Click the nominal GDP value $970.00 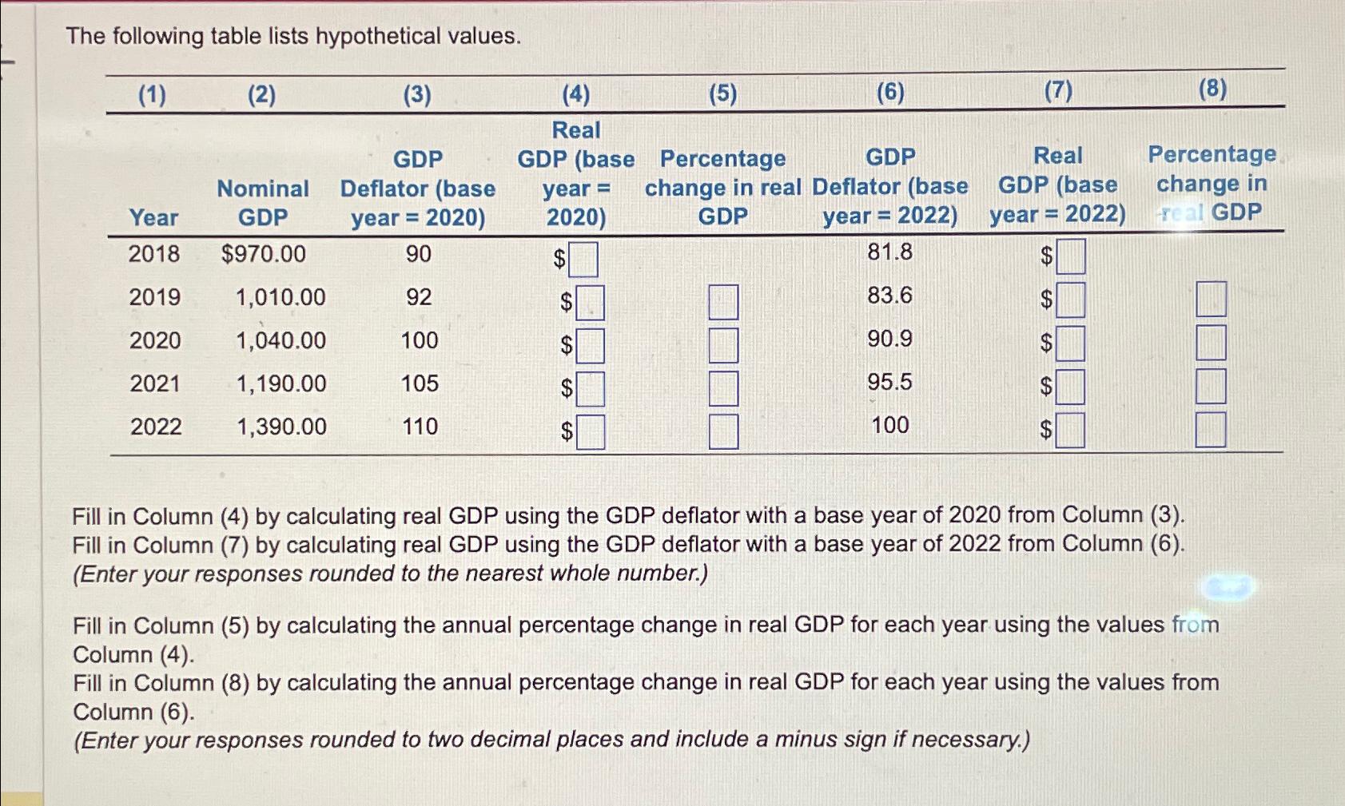(x=264, y=254)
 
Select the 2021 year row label (x=155, y=383)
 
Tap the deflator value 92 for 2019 (x=419, y=297)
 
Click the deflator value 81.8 (x=889, y=252)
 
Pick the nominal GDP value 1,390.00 (x=281, y=427)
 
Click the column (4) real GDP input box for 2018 (x=583, y=260)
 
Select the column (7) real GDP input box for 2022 (x=1071, y=431)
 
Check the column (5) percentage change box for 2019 (x=723, y=303)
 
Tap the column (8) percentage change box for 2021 (x=1211, y=387)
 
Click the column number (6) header (x=890, y=93)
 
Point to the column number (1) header (x=152, y=95)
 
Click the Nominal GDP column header (x=263, y=203)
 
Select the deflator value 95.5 (x=889, y=382)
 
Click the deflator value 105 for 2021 (x=420, y=383)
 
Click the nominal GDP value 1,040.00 (x=281, y=340)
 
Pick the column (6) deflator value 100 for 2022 (x=889, y=425)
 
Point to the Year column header (x=153, y=217)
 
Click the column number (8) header (x=1212, y=89)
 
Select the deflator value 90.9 (x=889, y=339)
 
